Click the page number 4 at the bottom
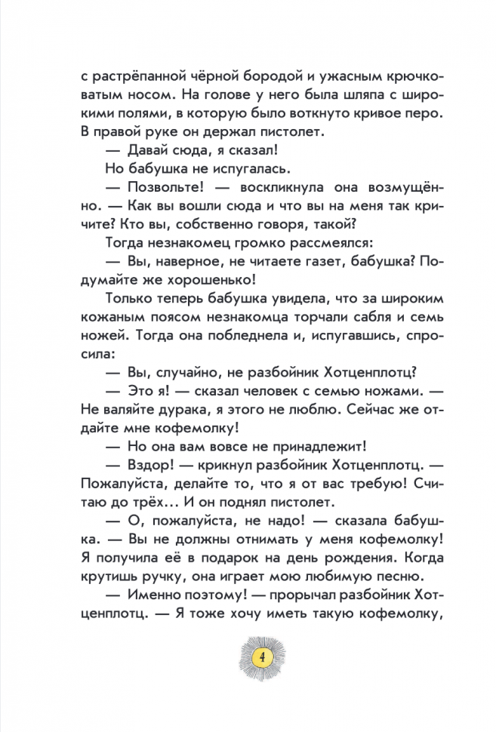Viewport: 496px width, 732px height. pyautogui.click(x=261, y=654)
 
